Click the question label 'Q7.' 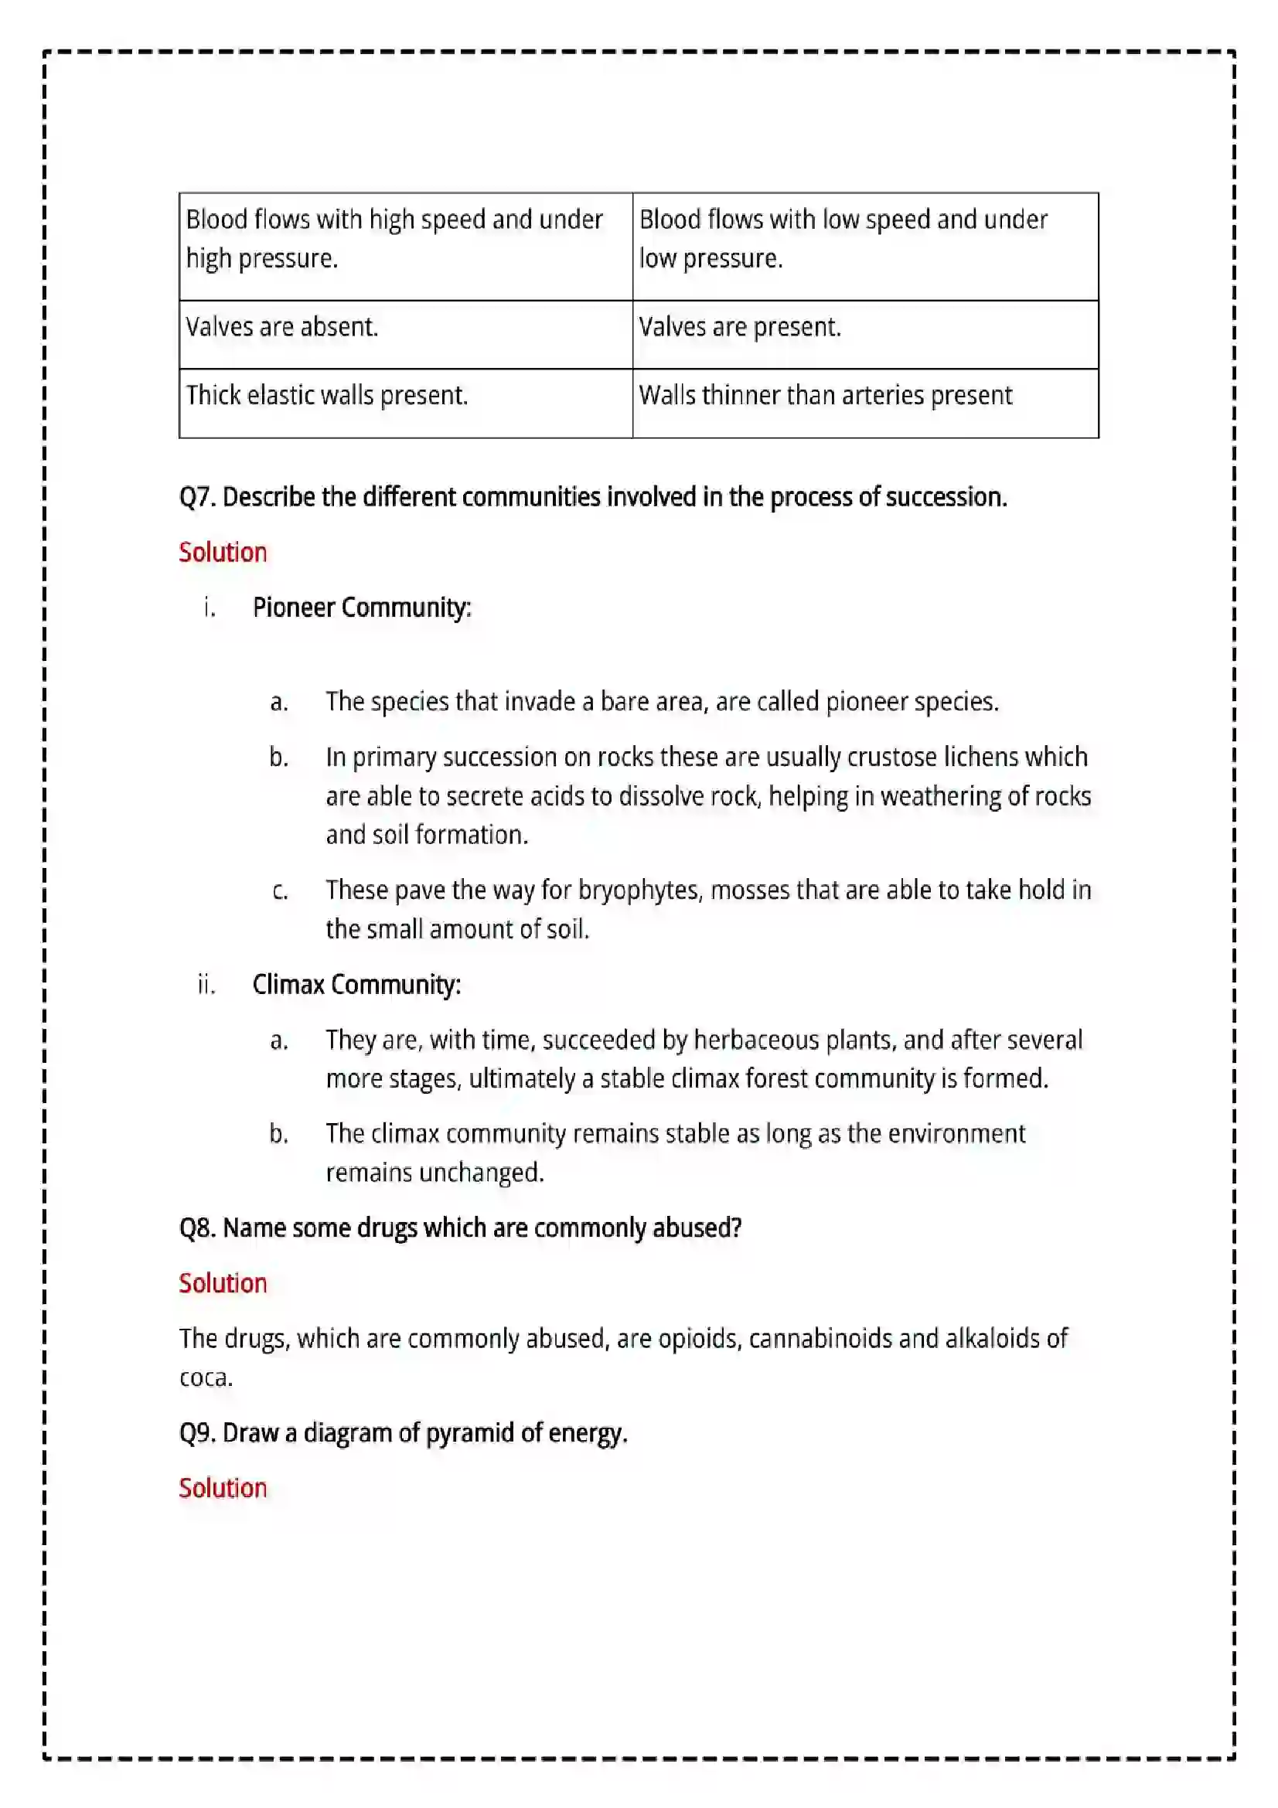[198, 498]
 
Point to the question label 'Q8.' [198, 1227]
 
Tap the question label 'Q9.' [198, 1432]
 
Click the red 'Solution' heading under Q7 [223, 553]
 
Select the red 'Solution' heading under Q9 [223, 1487]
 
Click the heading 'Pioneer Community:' [361, 608]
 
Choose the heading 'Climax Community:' [356, 984]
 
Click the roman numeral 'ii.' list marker [206, 984]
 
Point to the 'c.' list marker [280, 890]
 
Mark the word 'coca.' [206, 1377]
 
